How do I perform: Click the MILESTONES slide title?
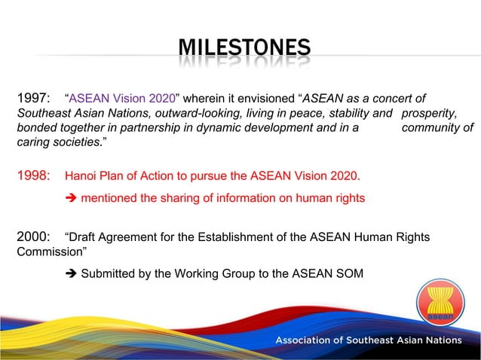[244, 49]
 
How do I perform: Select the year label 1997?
[33, 98]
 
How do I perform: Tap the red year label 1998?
[33, 177]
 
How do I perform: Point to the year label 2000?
[33, 238]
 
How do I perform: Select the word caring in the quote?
[33, 142]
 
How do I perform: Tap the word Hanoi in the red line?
[82, 177]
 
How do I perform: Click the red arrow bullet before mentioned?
[72, 198]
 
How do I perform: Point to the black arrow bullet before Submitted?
[72, 273]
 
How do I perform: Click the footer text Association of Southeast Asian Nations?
[368, 340]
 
